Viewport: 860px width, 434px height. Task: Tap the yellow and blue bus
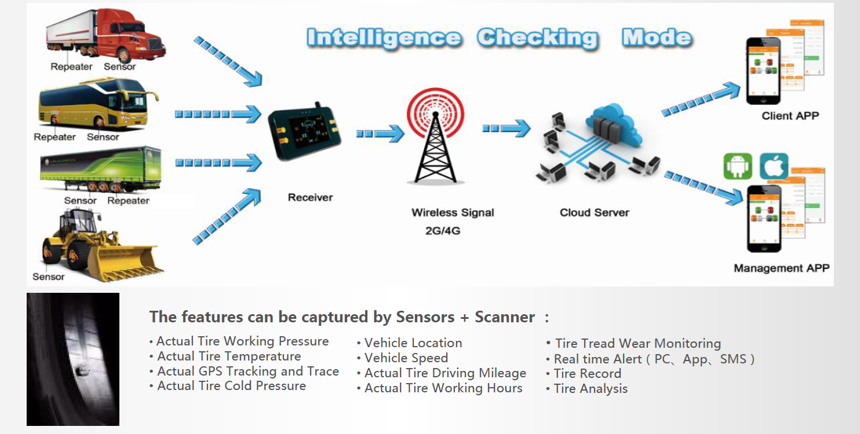coord(98,104)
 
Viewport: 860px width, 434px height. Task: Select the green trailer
coord(101,169)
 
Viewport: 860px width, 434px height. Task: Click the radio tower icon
coord(435,136)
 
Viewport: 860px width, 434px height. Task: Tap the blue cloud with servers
coord(613,124)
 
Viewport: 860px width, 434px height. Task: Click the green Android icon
coord(738,167)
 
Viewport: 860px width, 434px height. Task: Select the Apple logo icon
coord(774,167)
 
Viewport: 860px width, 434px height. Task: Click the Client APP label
coord(790,116)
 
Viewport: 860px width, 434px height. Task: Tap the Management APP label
coord(782,268)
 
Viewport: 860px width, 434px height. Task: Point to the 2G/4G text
coord(443,231)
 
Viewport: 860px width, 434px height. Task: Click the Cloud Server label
coord(595,212)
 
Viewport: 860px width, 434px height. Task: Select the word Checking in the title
coord(538,38)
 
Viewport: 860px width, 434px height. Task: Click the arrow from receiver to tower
coord(380,134)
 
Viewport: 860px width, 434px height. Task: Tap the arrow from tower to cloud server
coord(506,128)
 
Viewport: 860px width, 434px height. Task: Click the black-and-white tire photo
coord(73,359)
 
